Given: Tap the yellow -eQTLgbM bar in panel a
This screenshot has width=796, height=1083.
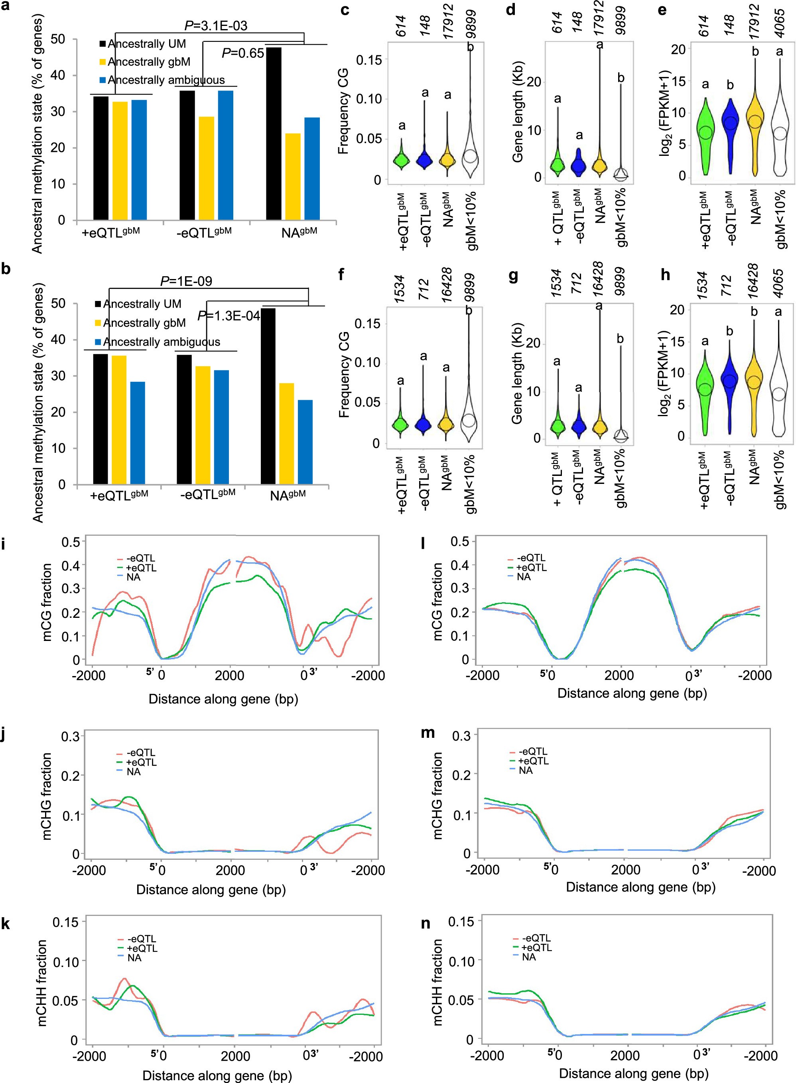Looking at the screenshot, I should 206,168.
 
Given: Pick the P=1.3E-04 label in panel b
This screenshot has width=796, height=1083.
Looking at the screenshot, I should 229,316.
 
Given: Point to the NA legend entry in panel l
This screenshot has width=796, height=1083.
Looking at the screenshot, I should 523,576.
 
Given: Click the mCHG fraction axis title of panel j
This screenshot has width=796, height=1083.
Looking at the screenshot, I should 47,797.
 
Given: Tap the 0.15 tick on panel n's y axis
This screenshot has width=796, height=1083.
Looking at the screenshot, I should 461,922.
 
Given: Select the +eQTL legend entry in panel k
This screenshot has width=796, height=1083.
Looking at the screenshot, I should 142,948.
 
